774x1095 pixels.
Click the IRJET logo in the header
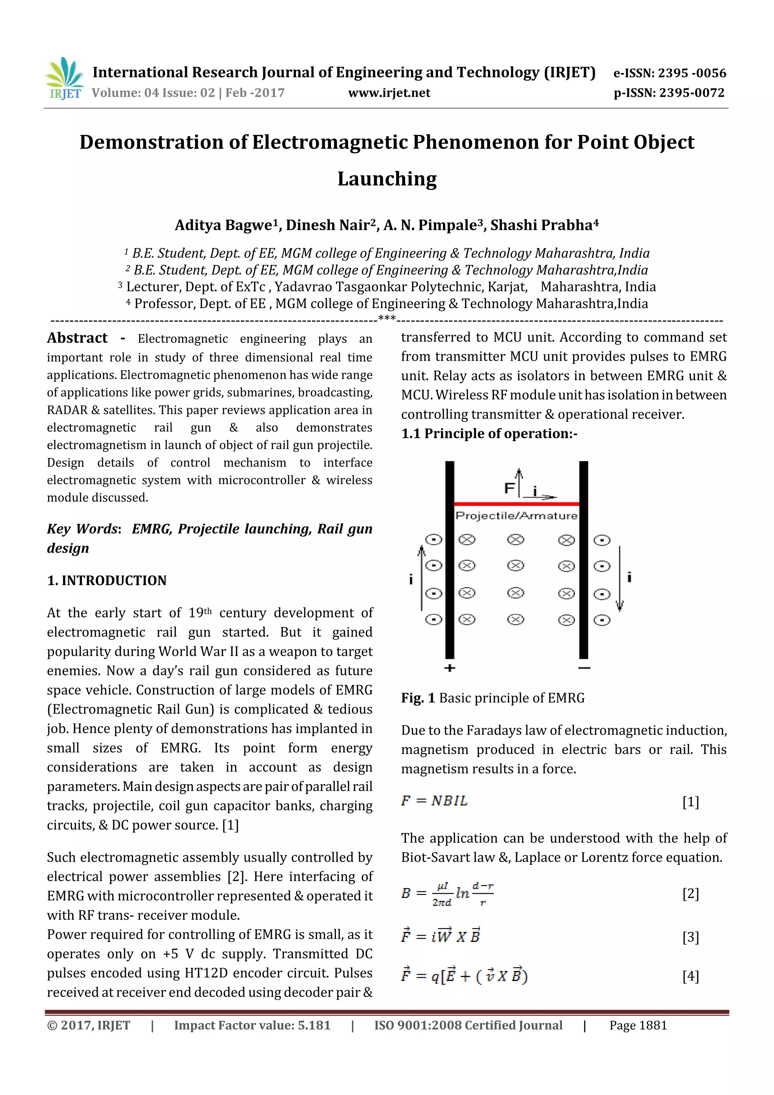pyautogui.click(x=64, y=79)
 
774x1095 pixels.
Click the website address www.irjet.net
pyautogui.click(x=389, y=93)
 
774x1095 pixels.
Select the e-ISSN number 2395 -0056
pyautogui.click(x=692, y=73)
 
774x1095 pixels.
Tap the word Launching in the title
pyautogui.click(x=387, y=179)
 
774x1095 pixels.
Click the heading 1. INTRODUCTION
pyautogui.click(x=107, y=581)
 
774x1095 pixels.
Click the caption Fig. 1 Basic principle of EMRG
pyautogui.click(x=493, y=698)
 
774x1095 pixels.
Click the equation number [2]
pyautogui.click(x=690, y=893)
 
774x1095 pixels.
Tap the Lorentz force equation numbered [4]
pyautogui.click(x=464, y=976)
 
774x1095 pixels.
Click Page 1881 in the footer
pyautogui.click(x=638, y=1025)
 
